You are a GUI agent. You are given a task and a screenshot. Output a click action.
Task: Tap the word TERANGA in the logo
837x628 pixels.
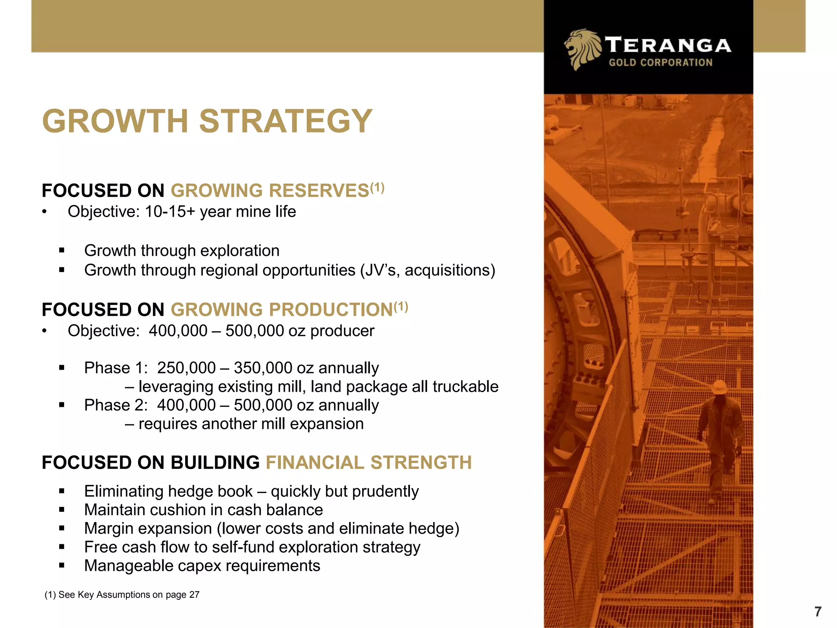[668, 45]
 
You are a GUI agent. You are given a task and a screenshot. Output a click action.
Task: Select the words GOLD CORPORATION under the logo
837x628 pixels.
[660, 63]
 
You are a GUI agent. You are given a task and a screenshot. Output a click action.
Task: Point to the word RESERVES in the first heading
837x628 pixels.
[319, 191]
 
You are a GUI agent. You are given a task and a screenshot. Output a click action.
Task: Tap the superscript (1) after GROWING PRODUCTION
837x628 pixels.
[401, 306]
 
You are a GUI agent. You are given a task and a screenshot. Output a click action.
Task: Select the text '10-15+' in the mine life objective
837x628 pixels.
[170, 212]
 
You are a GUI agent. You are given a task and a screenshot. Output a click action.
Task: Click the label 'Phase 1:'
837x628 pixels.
[116, 368]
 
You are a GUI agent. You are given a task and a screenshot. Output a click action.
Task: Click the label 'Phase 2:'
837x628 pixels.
[116, 405]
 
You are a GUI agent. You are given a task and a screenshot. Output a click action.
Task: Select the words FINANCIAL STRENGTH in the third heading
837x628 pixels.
[369, 463]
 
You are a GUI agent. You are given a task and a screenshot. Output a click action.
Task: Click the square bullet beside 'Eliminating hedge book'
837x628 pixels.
[62, 491]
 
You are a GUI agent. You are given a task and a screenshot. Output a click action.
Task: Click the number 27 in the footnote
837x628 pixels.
[194, 595]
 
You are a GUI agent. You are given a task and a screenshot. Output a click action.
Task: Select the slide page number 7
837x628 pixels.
[817, 612]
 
